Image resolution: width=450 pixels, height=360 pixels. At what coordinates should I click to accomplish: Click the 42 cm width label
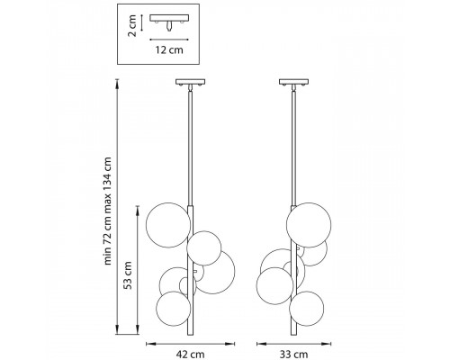pos(190,355)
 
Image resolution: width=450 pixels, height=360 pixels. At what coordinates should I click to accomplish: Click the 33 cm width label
pos(294,355)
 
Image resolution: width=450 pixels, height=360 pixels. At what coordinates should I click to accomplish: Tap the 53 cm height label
pos(128,274)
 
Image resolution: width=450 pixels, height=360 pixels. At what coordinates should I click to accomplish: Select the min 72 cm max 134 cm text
pos(107,211)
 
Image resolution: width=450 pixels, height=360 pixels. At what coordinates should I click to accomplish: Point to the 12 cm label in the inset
pos(169,49)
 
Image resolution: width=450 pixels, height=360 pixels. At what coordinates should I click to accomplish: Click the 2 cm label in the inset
pos(132,25)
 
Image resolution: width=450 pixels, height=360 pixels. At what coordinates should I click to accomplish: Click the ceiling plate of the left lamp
pos(190,82)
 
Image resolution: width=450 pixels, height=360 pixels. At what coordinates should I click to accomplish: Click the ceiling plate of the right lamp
pos(294,82)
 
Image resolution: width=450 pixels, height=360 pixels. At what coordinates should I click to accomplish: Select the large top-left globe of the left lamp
pos(168,225)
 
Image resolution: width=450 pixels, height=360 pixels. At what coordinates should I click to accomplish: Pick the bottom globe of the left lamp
pos(174,309)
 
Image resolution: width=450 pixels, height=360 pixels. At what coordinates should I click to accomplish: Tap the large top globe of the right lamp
pos(309,225)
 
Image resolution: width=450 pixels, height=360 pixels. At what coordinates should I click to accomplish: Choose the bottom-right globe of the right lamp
pos(307,309)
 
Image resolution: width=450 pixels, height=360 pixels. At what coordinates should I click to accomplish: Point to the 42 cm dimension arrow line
pos(190,344)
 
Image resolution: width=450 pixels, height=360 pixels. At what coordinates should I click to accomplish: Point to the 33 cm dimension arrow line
pos(294,344)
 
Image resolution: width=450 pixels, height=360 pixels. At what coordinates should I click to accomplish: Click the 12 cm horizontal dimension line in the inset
pos(169,40)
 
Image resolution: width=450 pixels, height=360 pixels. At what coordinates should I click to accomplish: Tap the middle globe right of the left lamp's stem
pos(204,248)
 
